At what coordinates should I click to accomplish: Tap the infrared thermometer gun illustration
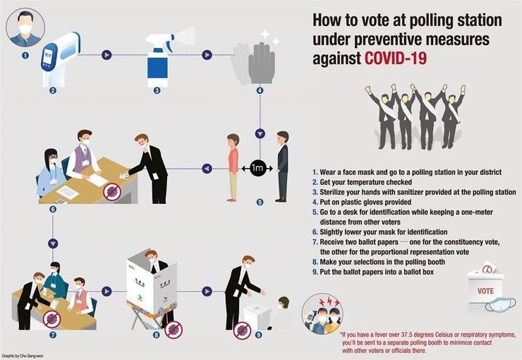click(60, 59)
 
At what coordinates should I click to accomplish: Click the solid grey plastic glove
click(262, 63)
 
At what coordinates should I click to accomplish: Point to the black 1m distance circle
click(257, 168)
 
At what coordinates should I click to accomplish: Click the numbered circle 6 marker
click(53, 209)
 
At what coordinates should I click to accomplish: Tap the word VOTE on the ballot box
click(486, 291)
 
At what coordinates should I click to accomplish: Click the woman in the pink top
click(233, 167)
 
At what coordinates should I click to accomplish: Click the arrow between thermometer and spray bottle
click(107, 55)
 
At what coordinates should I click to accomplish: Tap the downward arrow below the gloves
click(260, 133)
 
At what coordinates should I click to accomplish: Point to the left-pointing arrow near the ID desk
click(207, 169)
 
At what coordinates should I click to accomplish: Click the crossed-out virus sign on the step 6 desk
click(112, 192)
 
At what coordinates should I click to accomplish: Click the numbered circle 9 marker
click(259, 335)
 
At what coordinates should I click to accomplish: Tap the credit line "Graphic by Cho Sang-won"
click(23, 356)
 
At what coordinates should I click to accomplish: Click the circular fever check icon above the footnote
click(322, 313)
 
